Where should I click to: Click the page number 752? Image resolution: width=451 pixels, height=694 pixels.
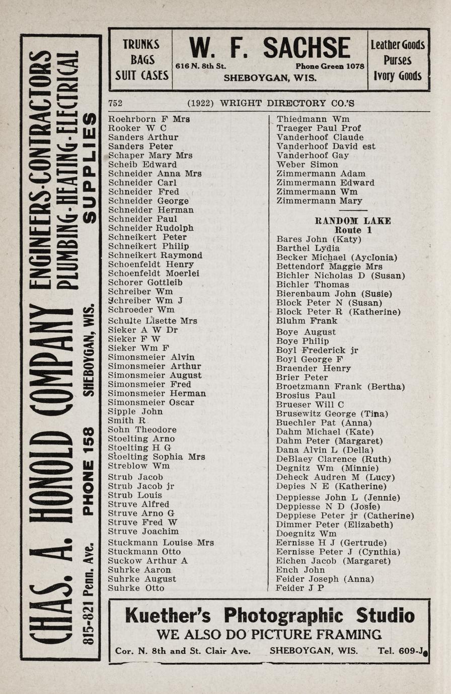115,103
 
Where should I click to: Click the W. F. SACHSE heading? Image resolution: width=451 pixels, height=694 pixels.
269,49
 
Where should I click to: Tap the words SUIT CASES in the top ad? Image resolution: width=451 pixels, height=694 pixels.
141,75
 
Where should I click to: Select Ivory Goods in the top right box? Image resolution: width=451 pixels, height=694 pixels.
398,76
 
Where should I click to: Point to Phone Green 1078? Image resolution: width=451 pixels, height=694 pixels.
330,66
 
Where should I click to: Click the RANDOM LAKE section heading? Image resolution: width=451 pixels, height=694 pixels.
352,221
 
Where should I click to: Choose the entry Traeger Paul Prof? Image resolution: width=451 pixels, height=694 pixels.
319,128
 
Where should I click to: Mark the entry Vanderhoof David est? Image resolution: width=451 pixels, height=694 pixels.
326,146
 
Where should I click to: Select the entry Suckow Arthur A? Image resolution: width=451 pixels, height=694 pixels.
147,561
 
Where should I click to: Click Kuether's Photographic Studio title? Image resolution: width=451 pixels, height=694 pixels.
269,615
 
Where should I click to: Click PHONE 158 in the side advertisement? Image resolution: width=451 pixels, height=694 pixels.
88,471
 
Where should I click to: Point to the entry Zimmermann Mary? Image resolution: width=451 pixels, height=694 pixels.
319,201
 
